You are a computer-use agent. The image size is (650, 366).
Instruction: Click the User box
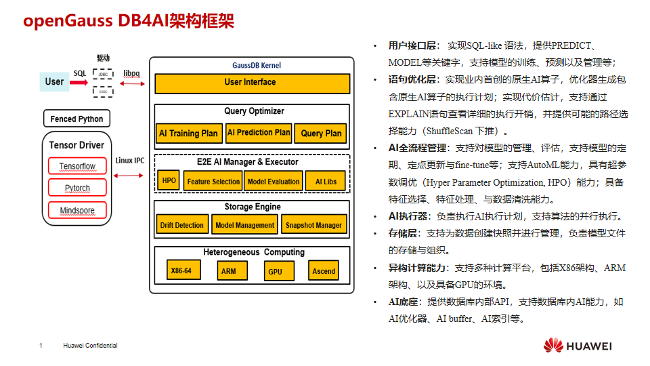pyautogui.click(x=54, y=82)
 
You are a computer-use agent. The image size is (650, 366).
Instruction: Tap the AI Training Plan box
pyautogui.click(x=188, y=133)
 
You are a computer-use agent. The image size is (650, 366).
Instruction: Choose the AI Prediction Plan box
pyautogui.click(x=259, y=133)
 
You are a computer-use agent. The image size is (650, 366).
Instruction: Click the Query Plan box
pyautogui.click(x=322, y=133)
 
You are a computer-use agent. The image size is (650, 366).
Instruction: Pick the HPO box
pyautogui.click(x=169, y=181)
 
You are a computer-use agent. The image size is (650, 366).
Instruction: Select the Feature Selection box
pyautogui.click(x=213, y=181)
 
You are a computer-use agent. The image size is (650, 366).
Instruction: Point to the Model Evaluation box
pyautogui.click(x=274, y=181)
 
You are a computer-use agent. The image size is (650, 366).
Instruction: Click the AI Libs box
pyautogui.click(x=326, y=181)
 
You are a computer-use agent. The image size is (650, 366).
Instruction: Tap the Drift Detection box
pyautogui.click(x=182, y=225)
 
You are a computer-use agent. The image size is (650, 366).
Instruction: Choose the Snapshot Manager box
pyautogui.click(x=313, y=225)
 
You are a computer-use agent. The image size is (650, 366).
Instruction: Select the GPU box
pyautogui.click(x=275, y=271)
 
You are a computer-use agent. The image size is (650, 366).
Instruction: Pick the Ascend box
pyautogui.click(x=324, y=271)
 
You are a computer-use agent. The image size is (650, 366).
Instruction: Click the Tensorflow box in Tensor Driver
pyautogui.click(x=77, y=166)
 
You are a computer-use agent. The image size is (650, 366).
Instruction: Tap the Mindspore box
pyautogui.click(x=77, y=210)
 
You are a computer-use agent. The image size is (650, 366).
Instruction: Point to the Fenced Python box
pyautogui.click(x=77, y=119)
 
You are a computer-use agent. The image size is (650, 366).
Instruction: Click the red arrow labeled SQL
pyautogui.click(x=79, y=83)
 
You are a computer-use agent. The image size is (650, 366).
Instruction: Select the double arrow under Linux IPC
pyautogui.click(x=129, y=175)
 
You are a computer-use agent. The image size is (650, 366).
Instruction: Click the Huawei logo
pyautogui.click(x=552, y=346)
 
